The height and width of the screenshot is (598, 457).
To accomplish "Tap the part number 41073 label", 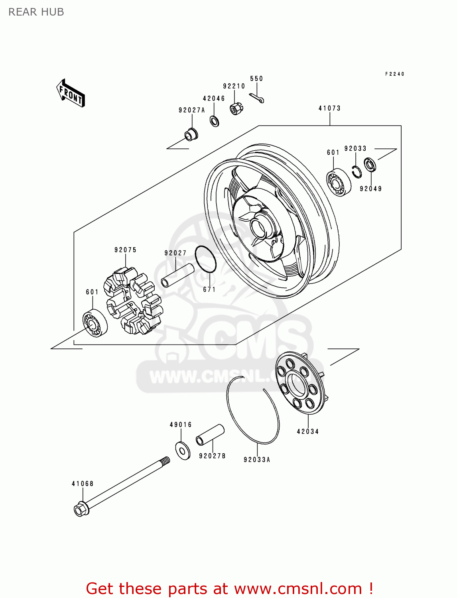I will tap(329, 108).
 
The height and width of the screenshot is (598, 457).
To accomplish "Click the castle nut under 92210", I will tap(236, 108).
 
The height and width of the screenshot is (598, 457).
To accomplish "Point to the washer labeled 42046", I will tap(215, 120).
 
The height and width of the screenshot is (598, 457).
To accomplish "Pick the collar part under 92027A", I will tap(191, 134).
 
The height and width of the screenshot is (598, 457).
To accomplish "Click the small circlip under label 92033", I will tap(357, 171).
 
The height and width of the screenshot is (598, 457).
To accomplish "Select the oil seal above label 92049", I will tap(370, 165).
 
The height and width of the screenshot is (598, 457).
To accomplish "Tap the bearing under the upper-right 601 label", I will tap(339, 182).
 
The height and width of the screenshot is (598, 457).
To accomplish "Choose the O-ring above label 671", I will tap(205, 259).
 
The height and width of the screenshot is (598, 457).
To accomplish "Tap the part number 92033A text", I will tap(257, 460).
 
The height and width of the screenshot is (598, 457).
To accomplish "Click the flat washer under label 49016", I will tap(183, 450).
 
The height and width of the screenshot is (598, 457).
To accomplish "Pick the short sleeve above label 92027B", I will tap(210, 435).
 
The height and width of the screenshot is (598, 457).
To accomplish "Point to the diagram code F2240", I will tap(394, 74).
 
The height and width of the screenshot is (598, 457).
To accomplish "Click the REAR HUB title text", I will tap(36, 12).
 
